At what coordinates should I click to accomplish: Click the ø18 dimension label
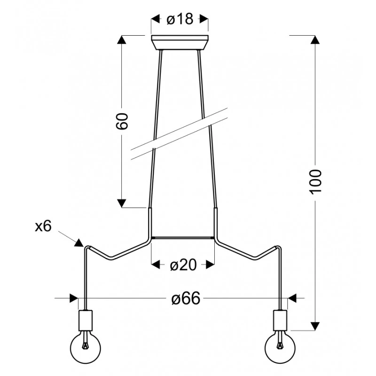coord(180,19)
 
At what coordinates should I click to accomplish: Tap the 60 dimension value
coord(122,121)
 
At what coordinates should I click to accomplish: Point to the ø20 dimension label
coord(183,265)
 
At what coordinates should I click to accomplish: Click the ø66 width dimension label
coord(186,298)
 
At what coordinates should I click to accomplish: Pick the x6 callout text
coord(43,226)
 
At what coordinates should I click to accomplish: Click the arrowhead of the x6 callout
coord(79,243)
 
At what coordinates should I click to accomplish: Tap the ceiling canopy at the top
coord(180,42)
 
